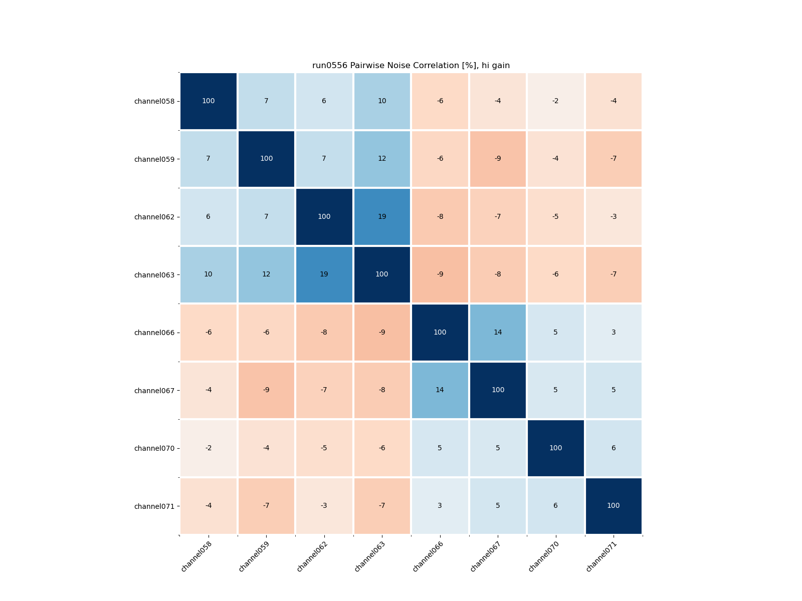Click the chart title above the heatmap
click(411, 66)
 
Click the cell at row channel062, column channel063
click(382, 217)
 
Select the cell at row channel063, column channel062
click(324, 274)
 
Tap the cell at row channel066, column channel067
click(498, 333)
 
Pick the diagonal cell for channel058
click(209, 101)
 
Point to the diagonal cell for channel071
click(614, 506)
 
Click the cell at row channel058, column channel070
click(555, 101)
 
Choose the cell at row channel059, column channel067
click(498, 159)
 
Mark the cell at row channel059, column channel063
click(382, 159)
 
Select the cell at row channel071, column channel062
click(324, 506)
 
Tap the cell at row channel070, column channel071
click(614, 448)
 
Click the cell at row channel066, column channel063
click(382, 333)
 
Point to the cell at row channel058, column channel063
click(382, 101)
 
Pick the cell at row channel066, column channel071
click(614, 333)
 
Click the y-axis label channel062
click(154, 217)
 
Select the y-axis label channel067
click(154, 391)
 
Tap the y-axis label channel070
click(154, 448)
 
